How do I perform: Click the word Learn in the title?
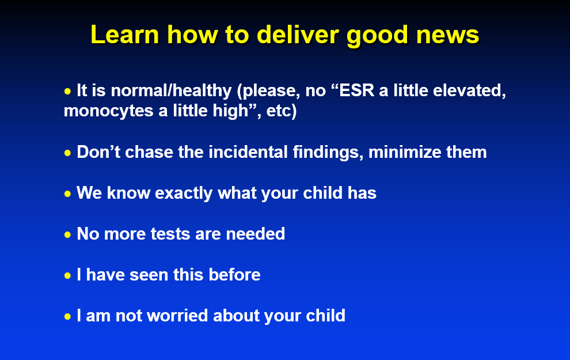coord(125,35)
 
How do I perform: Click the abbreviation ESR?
coord(356,90)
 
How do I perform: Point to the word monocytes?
coord(108,111)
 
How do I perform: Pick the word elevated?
coord(469,91)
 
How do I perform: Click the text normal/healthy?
coord(171,91)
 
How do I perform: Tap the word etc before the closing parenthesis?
coord(279,111)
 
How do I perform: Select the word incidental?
coord(248,151)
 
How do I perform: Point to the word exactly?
coord(184,193)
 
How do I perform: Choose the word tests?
coord(170,234)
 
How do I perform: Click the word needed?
coord(255,234)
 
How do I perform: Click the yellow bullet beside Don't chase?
coord(67,153)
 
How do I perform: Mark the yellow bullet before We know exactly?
coord(67,194)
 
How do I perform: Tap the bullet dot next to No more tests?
coord(67,235)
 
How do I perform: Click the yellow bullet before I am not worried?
coord(67,317)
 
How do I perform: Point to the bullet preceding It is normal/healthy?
coord(67,92)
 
